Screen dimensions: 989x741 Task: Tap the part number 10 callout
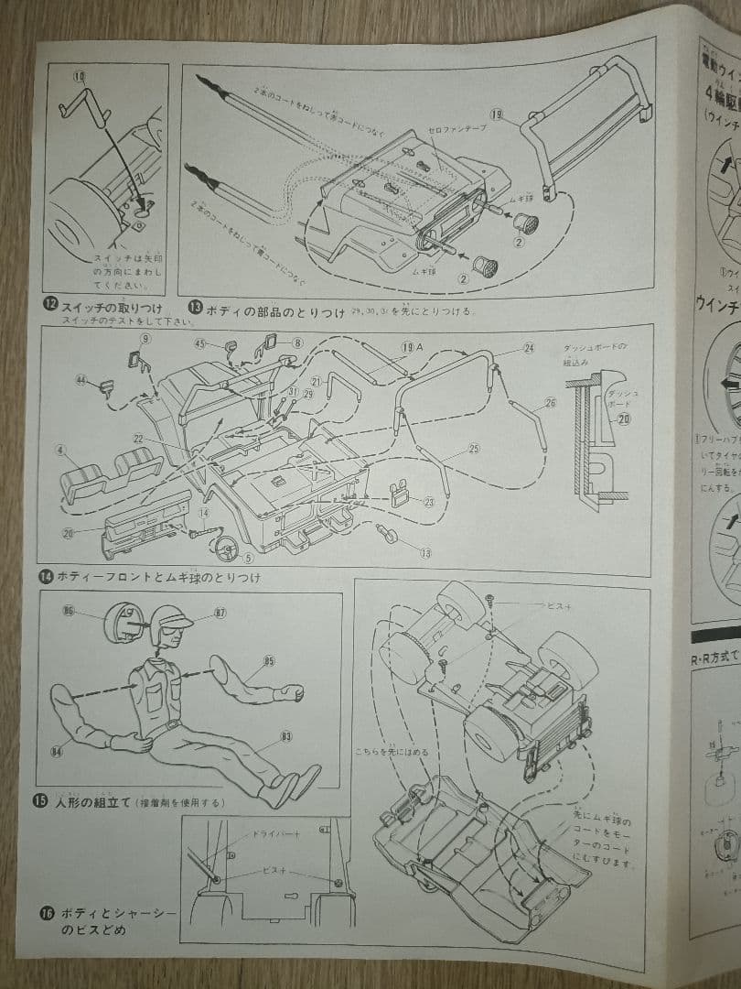79,76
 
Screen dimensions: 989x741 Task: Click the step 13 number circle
194,310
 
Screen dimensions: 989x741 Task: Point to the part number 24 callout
529,349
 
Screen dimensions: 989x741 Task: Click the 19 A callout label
412,347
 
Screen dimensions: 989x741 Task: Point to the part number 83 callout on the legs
286,735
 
